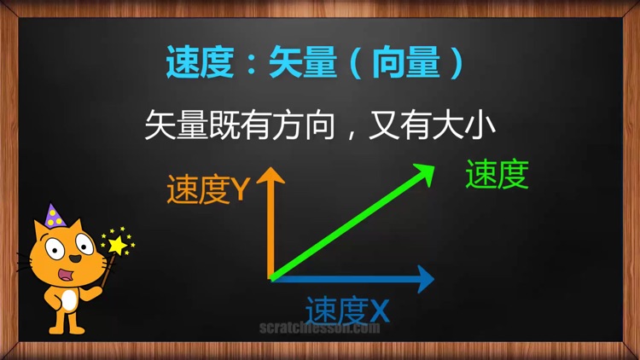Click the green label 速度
tap(497, 175)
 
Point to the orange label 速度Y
tap(207, 190)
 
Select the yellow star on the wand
tap(117, 245)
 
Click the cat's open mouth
tap(67, 275)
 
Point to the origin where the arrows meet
tap(271, 278)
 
